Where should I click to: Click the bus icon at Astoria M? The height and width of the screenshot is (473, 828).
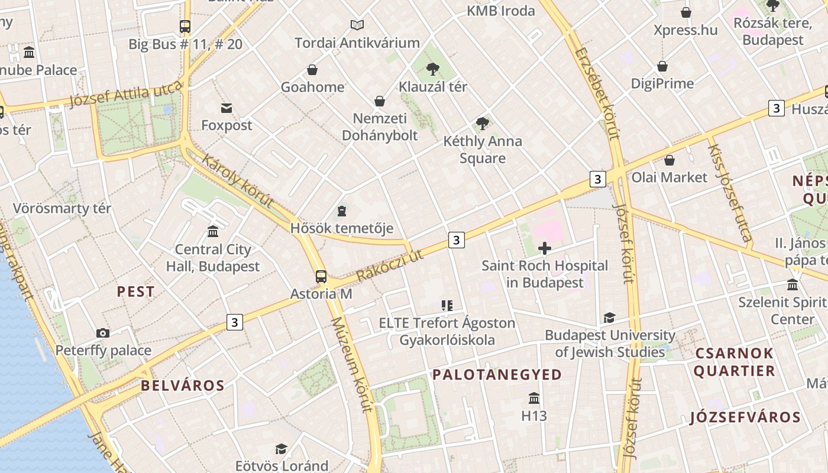pos(321,276)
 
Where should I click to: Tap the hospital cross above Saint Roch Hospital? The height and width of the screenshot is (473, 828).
pos(545,248)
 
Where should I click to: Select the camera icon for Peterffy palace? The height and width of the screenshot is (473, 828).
pos(103,333)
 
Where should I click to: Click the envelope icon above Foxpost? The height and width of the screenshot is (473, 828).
pos(227,108)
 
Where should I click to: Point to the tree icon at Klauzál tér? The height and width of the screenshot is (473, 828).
pos(433,69)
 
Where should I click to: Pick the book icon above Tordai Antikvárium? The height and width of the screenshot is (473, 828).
pos(357,25)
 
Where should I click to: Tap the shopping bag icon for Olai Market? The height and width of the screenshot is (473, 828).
pos(669,160)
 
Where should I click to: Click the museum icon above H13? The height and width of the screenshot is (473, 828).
pos(534,398)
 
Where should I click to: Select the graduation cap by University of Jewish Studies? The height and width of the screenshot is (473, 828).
pos(610,318)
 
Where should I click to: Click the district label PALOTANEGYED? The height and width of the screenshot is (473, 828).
pos(497,374)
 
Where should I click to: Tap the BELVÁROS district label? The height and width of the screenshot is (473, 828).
pos(183,385)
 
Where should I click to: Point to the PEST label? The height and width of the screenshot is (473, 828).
pos(135,291)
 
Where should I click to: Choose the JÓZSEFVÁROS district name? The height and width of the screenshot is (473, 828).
pos(745,417)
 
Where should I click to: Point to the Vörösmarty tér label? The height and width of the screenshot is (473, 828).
pos(62,209)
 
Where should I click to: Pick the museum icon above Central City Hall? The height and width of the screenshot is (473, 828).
pos(213,231)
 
